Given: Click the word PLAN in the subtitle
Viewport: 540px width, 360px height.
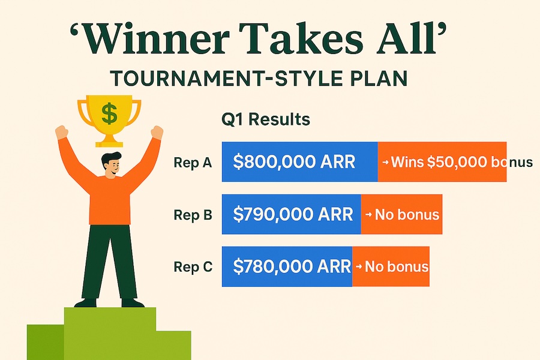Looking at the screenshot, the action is pos(380,79).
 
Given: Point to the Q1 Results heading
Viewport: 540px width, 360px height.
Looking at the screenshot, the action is pos(266,119).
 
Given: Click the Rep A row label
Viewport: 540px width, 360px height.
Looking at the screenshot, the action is pos(193,162).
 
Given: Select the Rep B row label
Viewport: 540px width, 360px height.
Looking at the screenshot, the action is pos(193,215).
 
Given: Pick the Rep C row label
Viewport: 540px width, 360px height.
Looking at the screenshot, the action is pos(193,266).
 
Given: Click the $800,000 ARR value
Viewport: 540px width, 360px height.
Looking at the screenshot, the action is pos(294,161).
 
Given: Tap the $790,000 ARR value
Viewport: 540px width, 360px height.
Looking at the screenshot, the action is pos(293,214).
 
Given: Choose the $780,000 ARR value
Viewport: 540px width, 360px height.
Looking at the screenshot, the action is pos(292,266).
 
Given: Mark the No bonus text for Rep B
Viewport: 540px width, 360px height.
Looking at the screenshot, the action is pos(407,215).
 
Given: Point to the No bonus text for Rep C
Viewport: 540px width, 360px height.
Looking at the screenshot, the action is pos(397,266).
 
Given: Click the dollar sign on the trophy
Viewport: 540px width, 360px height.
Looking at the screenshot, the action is pos(110,113).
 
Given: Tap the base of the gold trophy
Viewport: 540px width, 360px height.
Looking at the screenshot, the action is pos(109,142).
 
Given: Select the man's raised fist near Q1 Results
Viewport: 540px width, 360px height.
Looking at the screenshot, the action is pos(157,132).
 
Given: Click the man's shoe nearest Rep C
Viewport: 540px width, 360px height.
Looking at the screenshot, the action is pos(133,303).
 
